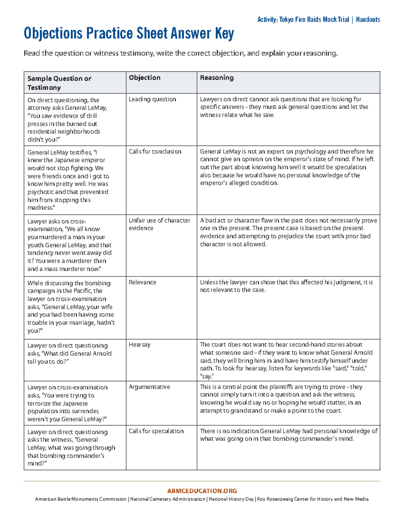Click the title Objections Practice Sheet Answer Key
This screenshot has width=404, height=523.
[x=129, y=34]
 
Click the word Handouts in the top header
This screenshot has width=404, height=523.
[x=368, y=20]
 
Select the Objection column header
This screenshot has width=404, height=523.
[x=144, y=78]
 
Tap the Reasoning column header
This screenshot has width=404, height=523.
[x=216, y=78]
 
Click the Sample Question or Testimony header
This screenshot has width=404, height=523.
[x=59, y=83]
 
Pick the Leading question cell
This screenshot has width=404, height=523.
[x=152, y=99]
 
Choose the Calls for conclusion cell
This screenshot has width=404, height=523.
[x=155, y=152]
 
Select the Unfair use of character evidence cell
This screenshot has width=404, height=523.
[x=159, y=224]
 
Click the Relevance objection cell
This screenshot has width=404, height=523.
[x=142, y=282]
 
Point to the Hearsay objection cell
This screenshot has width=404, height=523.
[x=139, y=345]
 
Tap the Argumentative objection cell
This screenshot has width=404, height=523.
[x=149, y=387]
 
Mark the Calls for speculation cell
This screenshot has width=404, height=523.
[x=156, y=431]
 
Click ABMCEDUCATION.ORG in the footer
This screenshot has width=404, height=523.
[x=202, y=491]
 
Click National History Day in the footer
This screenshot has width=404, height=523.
[x=231, y=499]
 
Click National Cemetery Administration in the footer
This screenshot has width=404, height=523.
[x=168, y=499]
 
